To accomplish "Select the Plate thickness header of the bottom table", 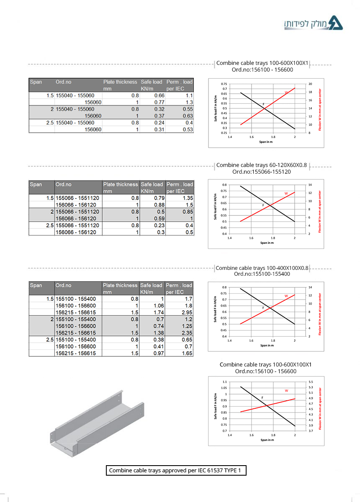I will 120,285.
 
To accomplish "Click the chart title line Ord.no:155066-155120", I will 262,172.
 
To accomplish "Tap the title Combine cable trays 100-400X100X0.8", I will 262,268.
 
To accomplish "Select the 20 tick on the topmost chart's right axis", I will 309,84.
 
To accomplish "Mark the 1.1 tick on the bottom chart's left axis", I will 224,382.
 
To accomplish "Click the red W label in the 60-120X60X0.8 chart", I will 286,193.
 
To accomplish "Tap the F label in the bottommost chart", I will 262,397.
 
